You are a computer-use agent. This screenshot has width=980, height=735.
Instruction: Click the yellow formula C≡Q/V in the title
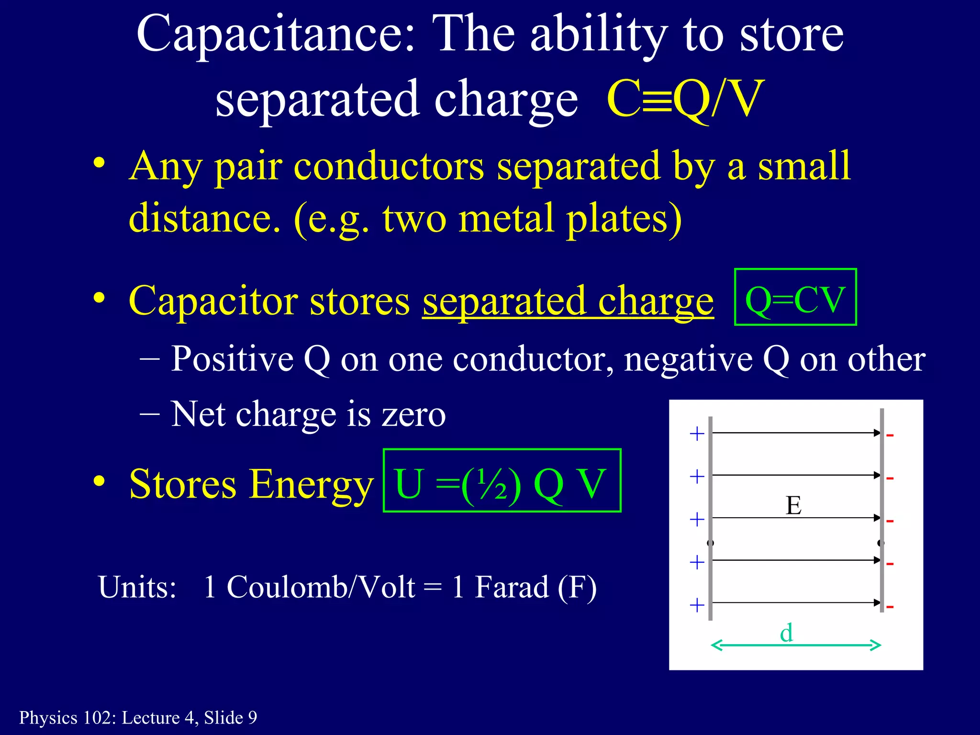click(685, 99)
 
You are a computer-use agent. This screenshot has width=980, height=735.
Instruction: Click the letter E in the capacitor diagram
click(793, 505)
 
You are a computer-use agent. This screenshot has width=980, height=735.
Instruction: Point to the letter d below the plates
click(786, 633)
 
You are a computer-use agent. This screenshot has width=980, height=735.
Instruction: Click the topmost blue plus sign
click(697, 434)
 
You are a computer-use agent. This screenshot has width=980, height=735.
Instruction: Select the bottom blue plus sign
click(697, 605)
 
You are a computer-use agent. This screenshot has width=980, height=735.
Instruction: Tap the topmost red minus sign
click(890, 435)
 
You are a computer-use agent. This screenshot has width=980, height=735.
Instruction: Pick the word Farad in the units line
click(511, 587)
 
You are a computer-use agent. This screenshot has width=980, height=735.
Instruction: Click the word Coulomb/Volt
click(321, 587)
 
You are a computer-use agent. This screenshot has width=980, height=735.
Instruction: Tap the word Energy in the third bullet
click(311, 484)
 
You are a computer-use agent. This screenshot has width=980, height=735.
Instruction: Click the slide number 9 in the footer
click(252, 718)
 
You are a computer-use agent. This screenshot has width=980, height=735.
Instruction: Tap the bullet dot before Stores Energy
click(99, 481)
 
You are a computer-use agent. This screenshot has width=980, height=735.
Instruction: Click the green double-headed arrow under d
click(796, 646)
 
